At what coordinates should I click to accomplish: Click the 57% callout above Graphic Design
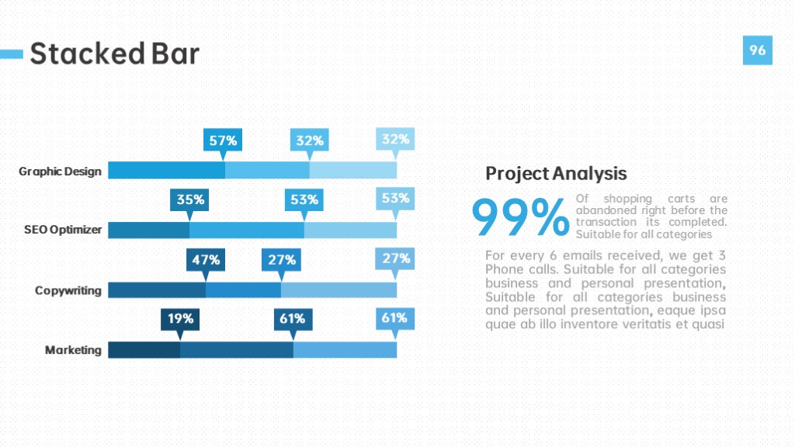[x=223, y=140]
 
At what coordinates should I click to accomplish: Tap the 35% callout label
[x=189, y=199]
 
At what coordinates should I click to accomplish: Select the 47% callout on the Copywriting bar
[x=205, y=260]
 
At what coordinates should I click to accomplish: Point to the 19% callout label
[x=180, y=319]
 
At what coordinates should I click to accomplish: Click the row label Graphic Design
[x=60, y=172]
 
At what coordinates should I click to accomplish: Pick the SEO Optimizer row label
[x=63, y=230]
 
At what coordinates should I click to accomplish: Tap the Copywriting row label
[x=68, y=290]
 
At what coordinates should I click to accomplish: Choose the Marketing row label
[x=73, y=350]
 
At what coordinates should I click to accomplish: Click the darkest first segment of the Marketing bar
[x=144, y=350]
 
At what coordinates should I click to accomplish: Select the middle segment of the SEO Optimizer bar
[x=247, y=230]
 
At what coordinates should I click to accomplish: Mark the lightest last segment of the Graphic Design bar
[x=353, y=170]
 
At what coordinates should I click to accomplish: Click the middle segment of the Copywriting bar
[x=243, y=290]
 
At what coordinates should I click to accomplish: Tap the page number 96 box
[x=758, y=50]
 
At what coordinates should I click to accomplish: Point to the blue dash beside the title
[x=11, y=54]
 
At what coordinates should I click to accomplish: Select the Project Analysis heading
[x=556, y=173]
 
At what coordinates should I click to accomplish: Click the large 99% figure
[x=521, y=217]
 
